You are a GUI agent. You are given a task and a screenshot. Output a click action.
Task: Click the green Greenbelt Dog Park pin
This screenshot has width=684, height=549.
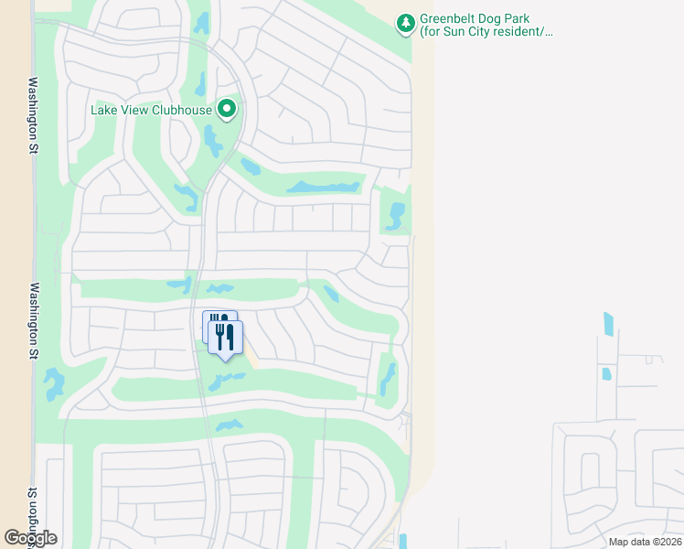[x=405, y=24]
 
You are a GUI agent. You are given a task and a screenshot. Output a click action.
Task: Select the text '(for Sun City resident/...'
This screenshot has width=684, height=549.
[x=486, y=32]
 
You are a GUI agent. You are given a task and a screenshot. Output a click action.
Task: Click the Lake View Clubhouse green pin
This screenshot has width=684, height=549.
[x=227, y=111]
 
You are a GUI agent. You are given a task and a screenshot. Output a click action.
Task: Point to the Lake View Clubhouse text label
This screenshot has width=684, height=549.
[x=151, y=111]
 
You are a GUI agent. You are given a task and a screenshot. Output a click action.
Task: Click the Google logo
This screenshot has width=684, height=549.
[x=30, y=538]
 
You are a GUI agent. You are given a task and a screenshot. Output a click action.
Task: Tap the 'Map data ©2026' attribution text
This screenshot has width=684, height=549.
[x=644, y=542]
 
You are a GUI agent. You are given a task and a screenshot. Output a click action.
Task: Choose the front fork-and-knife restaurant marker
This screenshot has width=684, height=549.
[x=225, y=337]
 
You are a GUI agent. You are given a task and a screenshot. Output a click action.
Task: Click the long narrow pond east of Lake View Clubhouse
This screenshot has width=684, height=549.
[x=323, y=188]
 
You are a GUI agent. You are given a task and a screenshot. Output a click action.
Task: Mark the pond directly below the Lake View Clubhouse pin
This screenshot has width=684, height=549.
[x=213, y=142]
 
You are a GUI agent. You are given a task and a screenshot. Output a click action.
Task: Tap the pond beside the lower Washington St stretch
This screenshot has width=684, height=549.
[x=54, y=384]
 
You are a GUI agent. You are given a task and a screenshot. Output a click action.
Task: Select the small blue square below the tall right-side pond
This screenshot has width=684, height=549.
[x=605, y=373]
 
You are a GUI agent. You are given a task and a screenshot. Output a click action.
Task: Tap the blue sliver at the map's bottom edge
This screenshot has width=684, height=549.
[x=403, y=541]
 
